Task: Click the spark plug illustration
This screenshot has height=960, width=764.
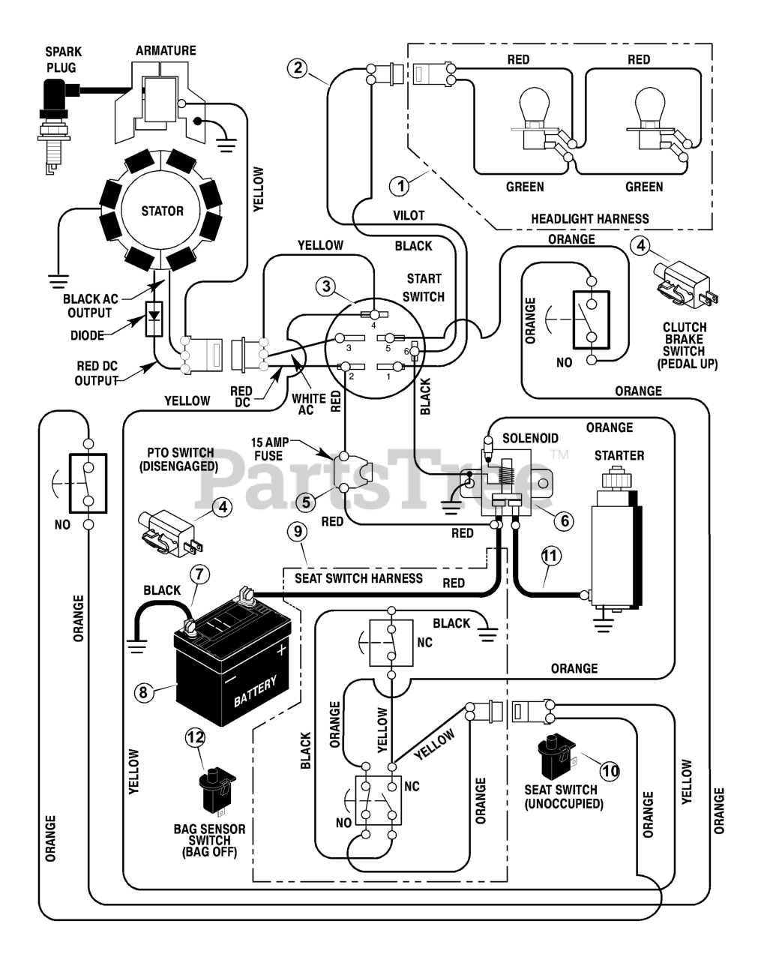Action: point(55,125)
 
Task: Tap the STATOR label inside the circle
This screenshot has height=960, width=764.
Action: point(163,211)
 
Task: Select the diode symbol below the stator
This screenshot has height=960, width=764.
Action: point(154,319)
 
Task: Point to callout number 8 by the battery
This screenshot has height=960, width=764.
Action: point(143,692)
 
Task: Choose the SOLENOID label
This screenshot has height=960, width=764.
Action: point(530,438)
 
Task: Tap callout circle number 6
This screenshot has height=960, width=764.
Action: point(565,520)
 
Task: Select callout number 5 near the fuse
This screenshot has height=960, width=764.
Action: point(306,502)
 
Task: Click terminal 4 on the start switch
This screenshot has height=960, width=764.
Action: point(373,315)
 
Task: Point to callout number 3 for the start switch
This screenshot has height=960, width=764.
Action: point(326,286)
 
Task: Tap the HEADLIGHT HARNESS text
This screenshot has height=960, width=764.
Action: point(589,218)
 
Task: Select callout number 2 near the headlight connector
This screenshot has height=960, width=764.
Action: point(298,67)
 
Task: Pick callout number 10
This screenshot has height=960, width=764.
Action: point(610,770)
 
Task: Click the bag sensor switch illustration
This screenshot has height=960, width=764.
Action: point(217,796)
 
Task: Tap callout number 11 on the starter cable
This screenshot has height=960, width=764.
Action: point(551,556)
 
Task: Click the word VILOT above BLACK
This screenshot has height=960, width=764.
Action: point(409,215)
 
